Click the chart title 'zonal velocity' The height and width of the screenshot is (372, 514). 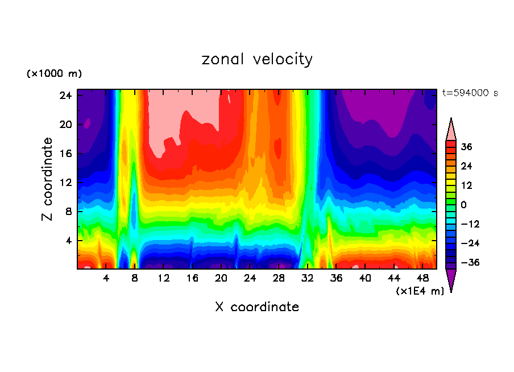257,59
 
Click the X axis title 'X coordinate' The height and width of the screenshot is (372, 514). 257,307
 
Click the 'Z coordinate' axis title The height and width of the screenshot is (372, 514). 48,179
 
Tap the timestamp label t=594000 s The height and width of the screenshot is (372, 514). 470,93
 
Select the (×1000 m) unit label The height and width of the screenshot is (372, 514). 54,74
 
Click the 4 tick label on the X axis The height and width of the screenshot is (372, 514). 106,278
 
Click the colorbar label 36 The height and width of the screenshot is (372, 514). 466,147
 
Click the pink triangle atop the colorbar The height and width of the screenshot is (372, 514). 451,130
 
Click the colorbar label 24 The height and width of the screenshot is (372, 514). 466,166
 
